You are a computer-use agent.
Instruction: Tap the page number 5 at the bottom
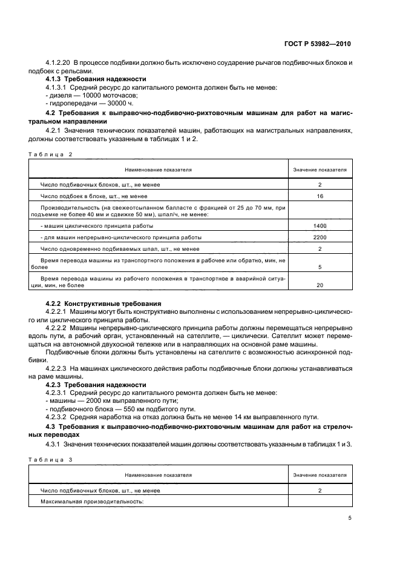point(350,518)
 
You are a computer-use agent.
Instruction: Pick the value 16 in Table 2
point(320,196)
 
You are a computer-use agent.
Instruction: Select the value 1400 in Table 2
point(320,225)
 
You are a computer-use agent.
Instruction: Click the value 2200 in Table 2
point(320,237)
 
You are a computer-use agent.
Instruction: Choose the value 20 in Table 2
point(320,285)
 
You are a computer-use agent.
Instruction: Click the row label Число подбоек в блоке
point(94,196)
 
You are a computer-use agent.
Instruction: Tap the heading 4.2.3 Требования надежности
point(96,385)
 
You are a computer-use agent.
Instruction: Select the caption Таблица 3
point(50,460)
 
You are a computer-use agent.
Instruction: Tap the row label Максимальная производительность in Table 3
point(91,502)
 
